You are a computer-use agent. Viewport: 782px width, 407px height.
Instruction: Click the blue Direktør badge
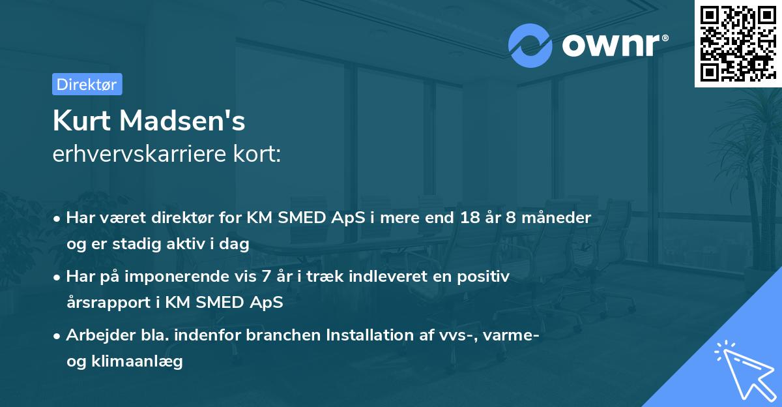pyautogui.click(x=87, y=84)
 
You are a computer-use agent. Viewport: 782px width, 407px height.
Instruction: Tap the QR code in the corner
pyautogui.click(x=738, y=43)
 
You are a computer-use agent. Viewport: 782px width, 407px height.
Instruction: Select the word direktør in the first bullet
pyautogui.click(x=190, y=218)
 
